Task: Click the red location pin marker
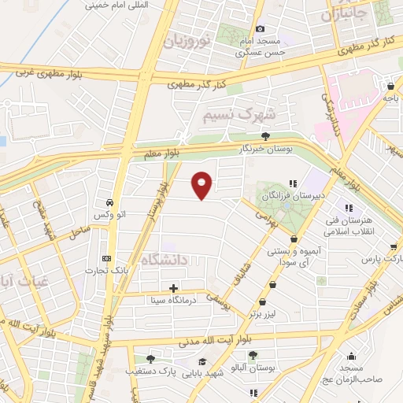coord(202,185)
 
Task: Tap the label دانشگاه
coord(165,259)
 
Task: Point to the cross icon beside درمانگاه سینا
coord(173,288)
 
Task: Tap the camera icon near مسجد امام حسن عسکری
coord(261,29)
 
